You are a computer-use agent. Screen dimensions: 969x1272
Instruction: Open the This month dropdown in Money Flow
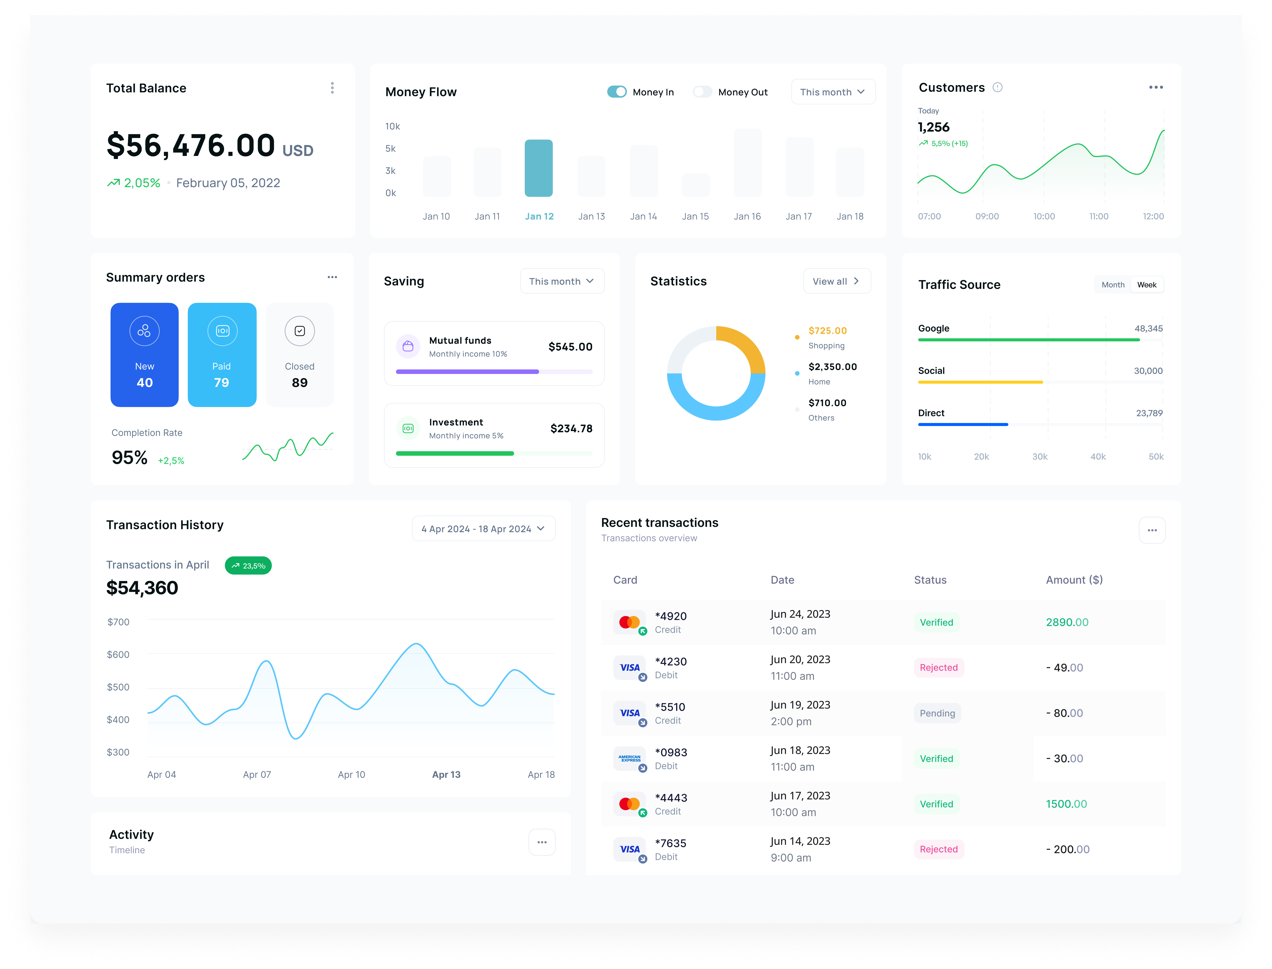832,92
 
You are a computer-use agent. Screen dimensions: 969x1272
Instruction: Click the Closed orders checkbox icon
299,331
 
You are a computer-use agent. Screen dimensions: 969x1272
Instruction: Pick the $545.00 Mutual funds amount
570,347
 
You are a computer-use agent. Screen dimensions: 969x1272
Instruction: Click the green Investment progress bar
455,453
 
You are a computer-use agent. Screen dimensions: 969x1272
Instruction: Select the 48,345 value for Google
1148,328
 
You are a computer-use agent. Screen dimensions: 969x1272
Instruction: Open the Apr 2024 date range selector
483,529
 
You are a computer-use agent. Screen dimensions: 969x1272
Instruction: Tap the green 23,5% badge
248,566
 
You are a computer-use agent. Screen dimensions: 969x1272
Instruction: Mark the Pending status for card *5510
937,714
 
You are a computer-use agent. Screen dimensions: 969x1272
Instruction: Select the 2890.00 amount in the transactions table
1067,622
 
